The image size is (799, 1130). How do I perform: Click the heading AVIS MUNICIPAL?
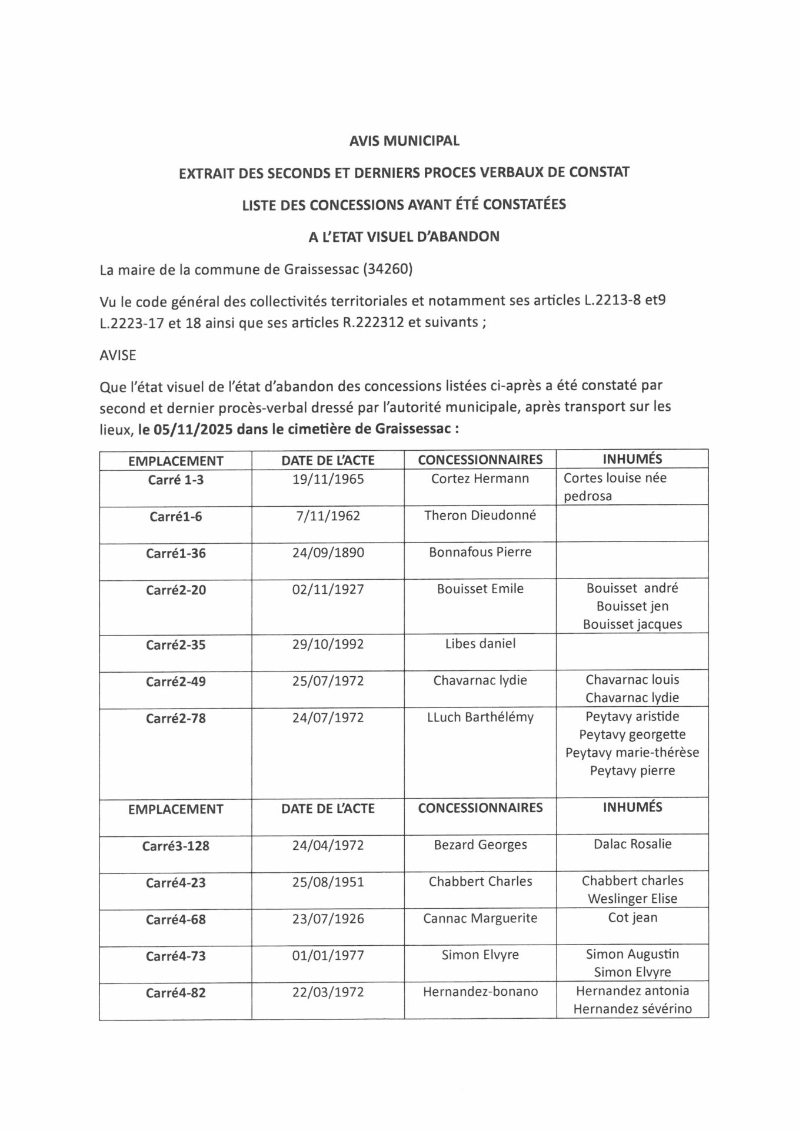(x=404, y=141)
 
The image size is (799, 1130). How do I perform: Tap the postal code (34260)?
(x=388, y=270)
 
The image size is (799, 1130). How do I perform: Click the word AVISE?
(x=118, y=355)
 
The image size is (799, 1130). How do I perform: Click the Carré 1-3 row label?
(x=175, y=480)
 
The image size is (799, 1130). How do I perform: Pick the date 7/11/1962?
(x=328, y=516)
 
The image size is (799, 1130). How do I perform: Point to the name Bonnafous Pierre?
(x=480, y=552)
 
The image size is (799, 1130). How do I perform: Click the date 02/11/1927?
(x=328, y=589)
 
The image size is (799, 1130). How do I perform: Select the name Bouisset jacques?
(x=632, y=624)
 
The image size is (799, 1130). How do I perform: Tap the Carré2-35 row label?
(x=175, y=644)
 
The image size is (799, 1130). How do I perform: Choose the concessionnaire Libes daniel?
(x=480, y=643)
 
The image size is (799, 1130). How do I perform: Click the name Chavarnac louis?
(x=632, y=679)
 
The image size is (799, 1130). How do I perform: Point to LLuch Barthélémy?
(x=480, y=717)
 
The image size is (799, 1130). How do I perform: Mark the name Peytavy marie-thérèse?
(x=632, y=752)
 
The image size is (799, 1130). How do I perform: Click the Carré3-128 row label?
(x=175, y=846)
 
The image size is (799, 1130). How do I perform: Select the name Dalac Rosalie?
(x=632, y=844)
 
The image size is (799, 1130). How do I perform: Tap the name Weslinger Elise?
(x=632, y=899)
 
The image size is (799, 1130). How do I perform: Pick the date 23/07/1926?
(x=328, y=918)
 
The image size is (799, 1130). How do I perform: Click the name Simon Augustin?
(x=632, y=953)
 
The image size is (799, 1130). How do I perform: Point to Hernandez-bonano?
(x=480, y=992)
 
